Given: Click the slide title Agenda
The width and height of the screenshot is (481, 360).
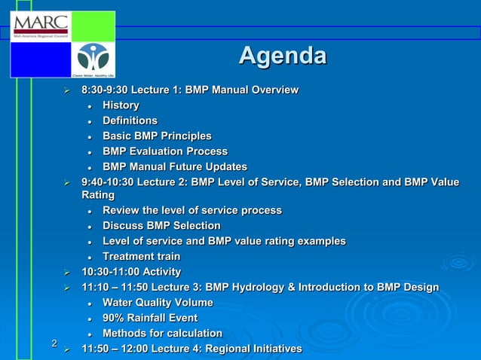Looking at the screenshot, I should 282,56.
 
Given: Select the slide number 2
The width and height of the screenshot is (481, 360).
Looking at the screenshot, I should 54,344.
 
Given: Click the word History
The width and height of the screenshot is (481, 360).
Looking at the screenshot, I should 121,105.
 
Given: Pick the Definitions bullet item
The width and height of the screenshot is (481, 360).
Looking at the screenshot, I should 130,121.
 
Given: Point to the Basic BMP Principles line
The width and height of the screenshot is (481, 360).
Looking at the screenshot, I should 157,136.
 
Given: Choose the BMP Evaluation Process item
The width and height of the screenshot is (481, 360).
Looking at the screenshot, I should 164,151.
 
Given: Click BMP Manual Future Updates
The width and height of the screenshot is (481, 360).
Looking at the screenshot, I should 174,166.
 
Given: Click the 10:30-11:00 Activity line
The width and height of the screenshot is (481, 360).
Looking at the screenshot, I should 130,272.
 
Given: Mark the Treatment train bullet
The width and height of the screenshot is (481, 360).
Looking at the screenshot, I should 141,257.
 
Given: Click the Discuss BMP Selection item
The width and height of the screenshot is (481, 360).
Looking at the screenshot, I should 161,226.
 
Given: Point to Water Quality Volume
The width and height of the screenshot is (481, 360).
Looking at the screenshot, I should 158,303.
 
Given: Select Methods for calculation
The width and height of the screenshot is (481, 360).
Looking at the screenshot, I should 162,333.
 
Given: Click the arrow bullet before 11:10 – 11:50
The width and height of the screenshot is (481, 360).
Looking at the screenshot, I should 67,288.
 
